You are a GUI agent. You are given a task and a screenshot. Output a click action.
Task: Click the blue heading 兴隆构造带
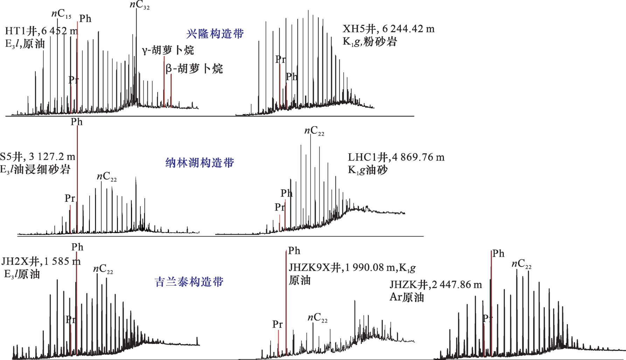[x=215, y=34]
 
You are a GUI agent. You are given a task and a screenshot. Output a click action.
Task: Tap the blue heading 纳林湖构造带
[x=200, y=163]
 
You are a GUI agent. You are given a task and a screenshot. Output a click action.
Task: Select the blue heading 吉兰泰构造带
[x=189, y=282]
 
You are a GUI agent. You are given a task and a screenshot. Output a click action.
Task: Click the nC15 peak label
[x=61, y=14]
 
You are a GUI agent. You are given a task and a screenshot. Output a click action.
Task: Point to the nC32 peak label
[x=139, y=5]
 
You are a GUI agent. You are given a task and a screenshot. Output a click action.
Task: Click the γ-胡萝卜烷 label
[x=168, y=50]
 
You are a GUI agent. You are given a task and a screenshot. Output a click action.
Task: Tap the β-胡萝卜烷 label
[x=194, y=69]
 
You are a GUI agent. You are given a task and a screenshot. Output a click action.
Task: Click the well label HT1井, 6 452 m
[x=41, y=31]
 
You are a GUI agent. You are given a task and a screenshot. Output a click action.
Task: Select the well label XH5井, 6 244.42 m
[x=388, y=29]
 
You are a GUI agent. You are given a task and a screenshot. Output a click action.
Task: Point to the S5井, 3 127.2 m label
[x=37, y=156]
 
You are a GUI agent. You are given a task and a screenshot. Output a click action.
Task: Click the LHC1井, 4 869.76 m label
[x=396, y=157]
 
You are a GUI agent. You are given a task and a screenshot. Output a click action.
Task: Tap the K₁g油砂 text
[x=368, y=170]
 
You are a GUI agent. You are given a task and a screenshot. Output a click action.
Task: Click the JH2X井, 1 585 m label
[x=41, y=261]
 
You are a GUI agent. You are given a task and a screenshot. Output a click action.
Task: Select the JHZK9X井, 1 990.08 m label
[x=352, y=268]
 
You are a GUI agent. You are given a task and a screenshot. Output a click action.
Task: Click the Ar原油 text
[x=407, y=297]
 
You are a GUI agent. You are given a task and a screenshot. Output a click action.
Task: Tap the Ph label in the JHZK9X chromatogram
[x=294, y=251]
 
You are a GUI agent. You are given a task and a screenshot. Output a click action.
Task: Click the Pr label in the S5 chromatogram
[x=70, y=198]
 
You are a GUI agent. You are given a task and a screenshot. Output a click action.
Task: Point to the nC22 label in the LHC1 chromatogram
[x=314, y=131]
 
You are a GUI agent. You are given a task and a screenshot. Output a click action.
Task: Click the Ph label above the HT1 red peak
[x=85, y=19]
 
